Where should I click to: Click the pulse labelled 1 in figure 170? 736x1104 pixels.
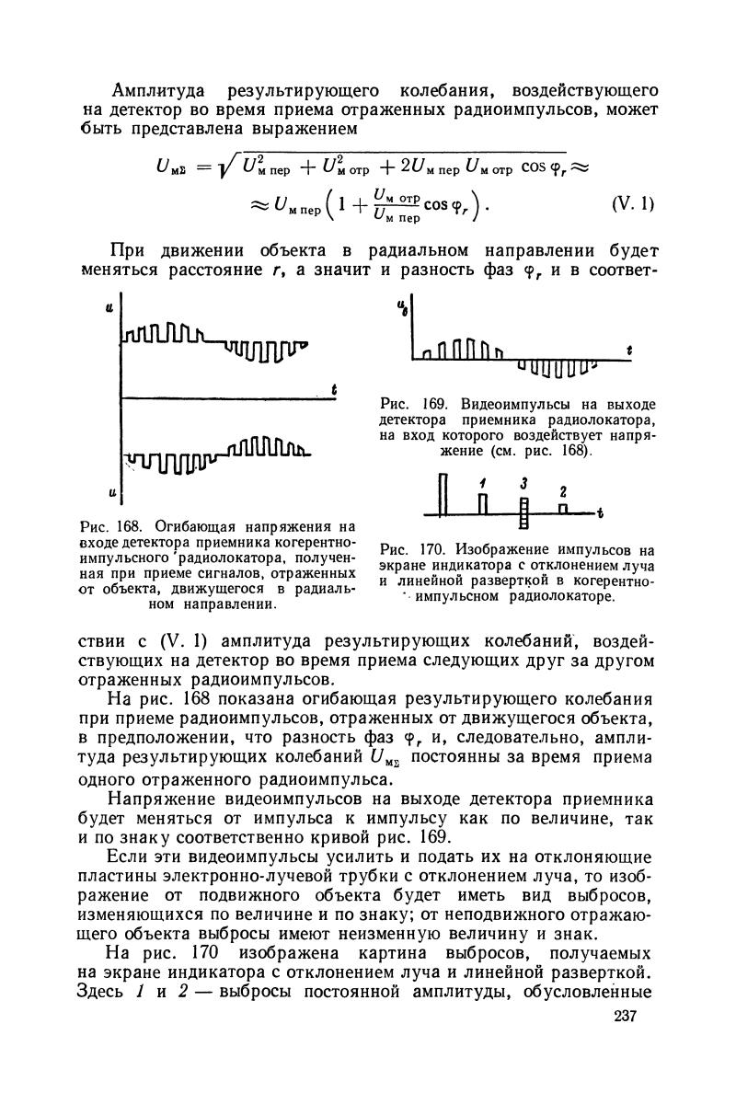coord(481,501)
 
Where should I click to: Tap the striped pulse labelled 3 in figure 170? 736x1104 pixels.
coord(523,511)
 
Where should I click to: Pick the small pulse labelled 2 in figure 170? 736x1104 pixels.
coord(564,507)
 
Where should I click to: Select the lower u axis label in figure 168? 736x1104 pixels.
coord(109,494)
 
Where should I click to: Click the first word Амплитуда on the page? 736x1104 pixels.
coord(155,90)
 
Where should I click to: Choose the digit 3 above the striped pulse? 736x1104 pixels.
coord(522,483)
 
